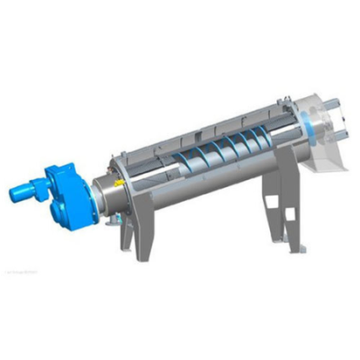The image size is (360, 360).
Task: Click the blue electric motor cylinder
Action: click(x=28, y=190)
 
